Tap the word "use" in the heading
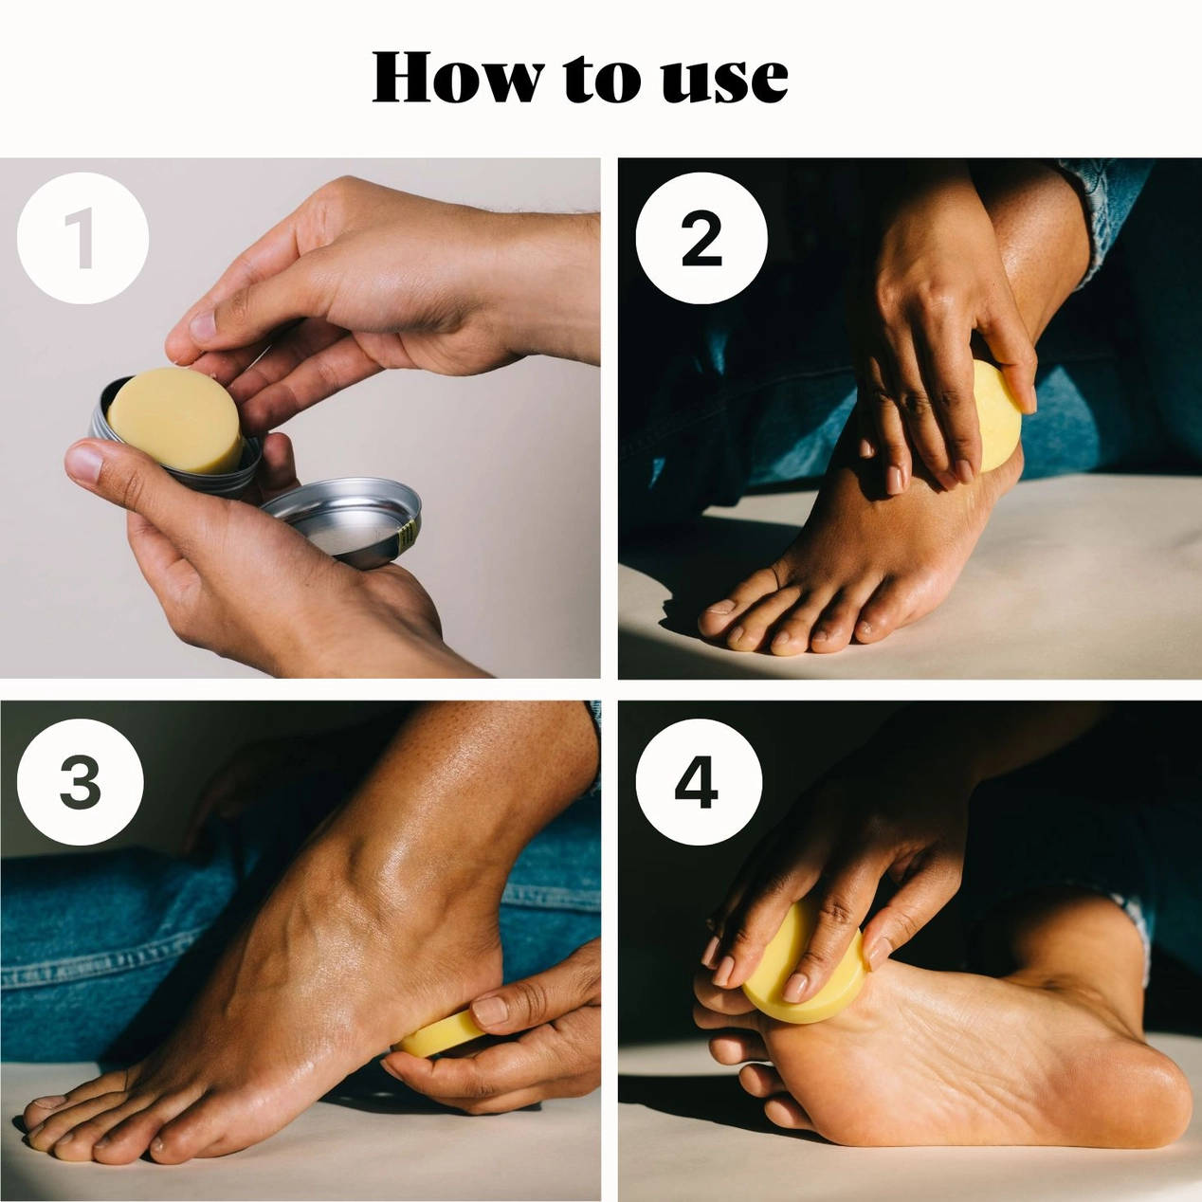(724, 82)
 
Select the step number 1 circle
(83, 238)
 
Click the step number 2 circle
(701, 238)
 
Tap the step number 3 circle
(81, 781)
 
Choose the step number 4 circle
(699, 781)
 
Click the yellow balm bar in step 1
(175, 419)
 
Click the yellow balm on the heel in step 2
(998, 417)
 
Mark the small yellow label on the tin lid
(408, 536)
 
